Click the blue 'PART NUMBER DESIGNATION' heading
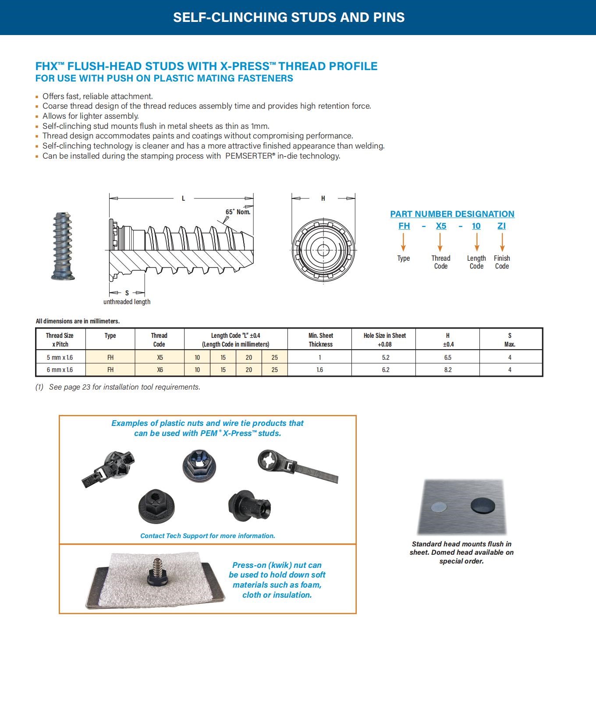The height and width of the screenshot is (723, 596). coord(452,214)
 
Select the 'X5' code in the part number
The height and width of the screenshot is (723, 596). coord(441,226)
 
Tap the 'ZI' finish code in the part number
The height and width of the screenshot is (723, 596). coord(502,226)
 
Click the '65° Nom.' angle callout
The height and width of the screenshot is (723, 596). coord(238,212)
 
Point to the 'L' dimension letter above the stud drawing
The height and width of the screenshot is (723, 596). coord(183,198)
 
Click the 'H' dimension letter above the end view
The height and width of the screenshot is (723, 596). coord(323,198)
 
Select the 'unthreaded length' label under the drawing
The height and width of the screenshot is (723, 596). coord(127,301)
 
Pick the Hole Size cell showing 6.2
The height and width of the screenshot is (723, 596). coord(385,370)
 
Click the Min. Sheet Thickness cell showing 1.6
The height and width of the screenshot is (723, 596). coord(320,370)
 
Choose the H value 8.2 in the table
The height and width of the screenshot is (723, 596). coord(447,370)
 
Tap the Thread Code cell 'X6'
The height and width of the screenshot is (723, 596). coord(160,370)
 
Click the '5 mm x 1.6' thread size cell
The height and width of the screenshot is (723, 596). coord(60,358)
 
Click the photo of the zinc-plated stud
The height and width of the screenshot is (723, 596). coord(62,246)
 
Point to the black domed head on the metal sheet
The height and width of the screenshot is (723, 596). coord(482,506)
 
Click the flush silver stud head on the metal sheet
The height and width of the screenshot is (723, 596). coord(440,507)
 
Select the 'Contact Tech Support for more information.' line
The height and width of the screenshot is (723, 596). coord(208,535)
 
